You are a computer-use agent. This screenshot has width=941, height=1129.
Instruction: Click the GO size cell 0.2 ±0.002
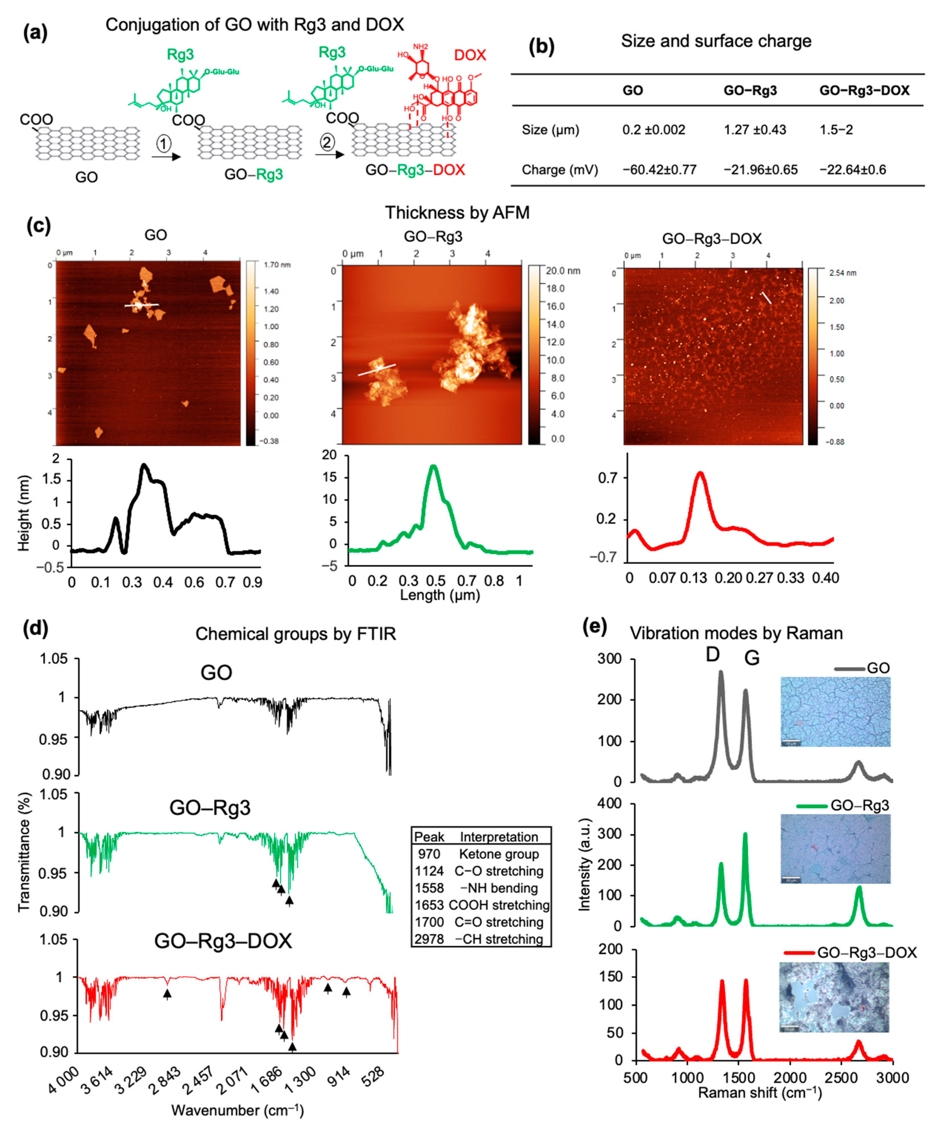coord(654,130)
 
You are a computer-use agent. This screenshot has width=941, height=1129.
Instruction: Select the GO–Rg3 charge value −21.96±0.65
coord(761,170)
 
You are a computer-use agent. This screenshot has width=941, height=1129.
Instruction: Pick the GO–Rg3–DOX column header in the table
coord(864,90)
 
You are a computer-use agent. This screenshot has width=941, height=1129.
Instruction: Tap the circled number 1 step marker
coord(164,143)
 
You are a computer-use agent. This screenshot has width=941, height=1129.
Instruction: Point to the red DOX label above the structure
coord(470,55)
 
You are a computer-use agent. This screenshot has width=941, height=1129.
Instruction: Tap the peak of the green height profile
coord(433,467)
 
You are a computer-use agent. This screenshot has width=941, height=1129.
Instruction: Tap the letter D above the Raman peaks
coord(713,654)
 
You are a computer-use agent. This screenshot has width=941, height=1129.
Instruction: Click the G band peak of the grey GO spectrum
coord(745,691)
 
